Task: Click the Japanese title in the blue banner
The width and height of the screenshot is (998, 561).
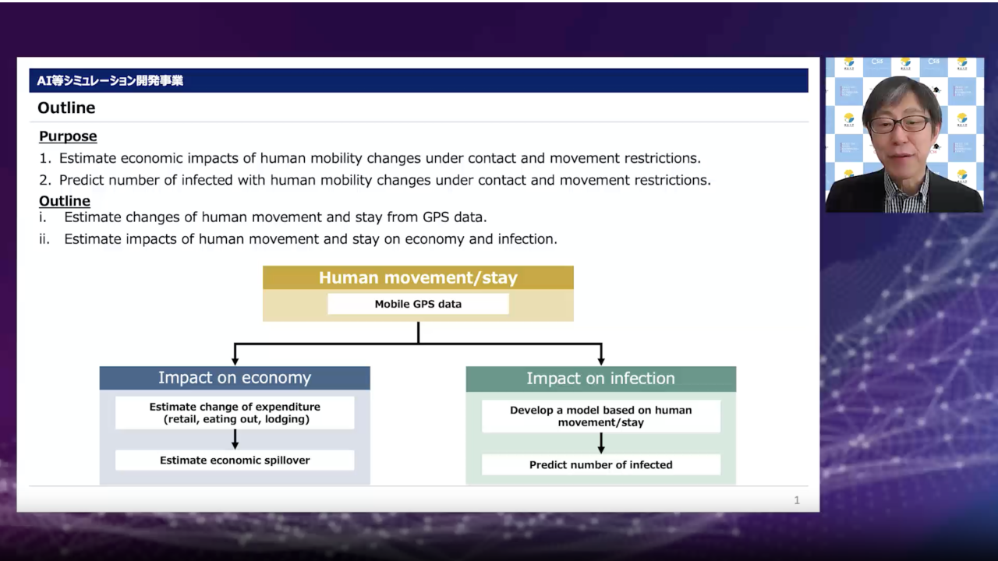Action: tap(110, 80)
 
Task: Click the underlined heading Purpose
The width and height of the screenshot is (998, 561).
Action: tap(68, 136)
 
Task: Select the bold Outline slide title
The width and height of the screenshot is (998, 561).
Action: tap(66, 108)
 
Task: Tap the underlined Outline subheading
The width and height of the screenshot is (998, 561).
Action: tap(65, 201)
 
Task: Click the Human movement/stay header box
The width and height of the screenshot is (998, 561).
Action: tap(418, 278)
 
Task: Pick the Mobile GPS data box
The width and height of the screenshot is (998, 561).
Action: tap(418, 304)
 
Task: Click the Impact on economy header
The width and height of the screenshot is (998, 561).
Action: tap(235, 378)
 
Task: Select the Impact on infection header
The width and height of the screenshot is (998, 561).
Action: tap(601, 379)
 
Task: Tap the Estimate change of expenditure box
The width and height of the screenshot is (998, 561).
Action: tap(235, 413)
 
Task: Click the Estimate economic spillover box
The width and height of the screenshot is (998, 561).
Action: tap(235, 460)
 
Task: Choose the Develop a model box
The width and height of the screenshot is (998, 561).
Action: tap(601, 416)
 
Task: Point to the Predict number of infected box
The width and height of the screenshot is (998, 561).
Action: tap(601, 465)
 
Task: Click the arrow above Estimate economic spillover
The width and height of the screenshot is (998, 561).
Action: tap(235, 439)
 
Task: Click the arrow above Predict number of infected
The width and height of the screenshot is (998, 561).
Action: tap(601, 443)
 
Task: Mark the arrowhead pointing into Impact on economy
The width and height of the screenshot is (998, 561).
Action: tap(235, 361)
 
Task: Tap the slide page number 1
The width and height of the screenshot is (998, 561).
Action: tap(797, 500)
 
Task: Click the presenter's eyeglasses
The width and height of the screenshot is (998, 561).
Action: tap(900, 124)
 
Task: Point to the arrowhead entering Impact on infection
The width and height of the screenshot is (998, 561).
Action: tap(601, 361)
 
